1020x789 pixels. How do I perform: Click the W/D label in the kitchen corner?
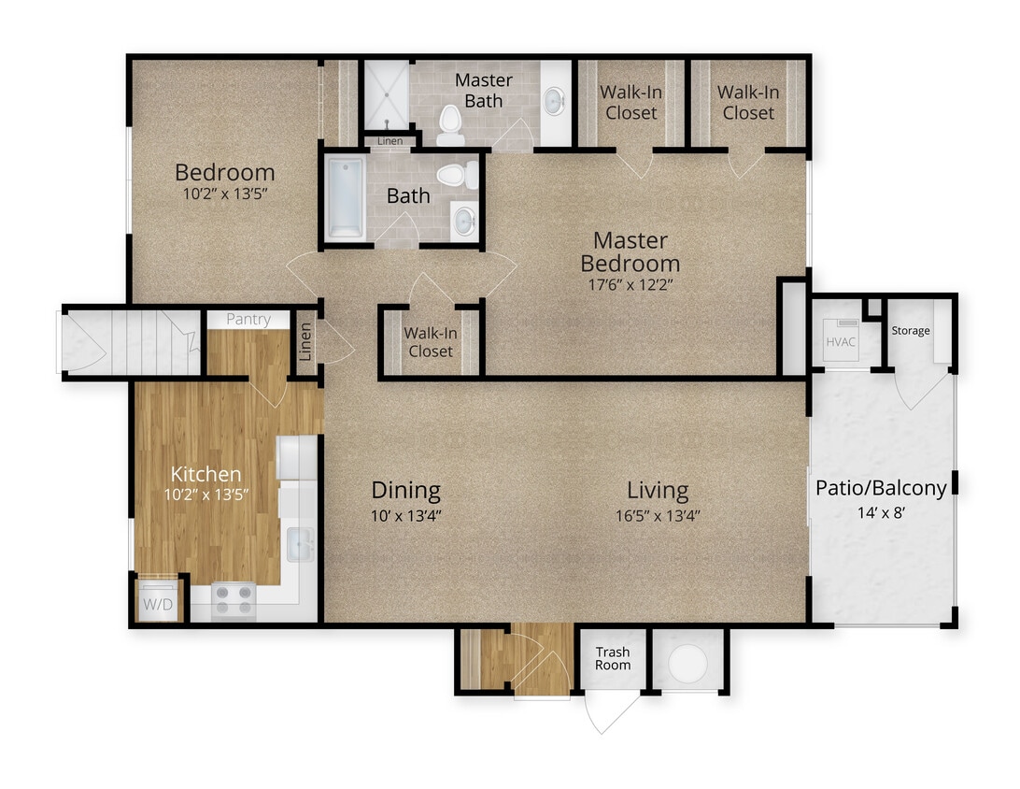(158, 605)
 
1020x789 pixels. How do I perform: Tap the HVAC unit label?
(840, 341)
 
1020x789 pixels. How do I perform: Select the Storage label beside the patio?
(910, 330)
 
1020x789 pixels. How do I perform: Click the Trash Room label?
(613, 658)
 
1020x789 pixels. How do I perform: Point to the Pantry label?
(248, 319)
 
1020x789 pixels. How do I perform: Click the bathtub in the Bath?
(345, 198)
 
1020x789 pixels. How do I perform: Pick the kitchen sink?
(301, 545)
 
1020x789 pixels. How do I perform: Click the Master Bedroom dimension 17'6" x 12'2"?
(630, 285)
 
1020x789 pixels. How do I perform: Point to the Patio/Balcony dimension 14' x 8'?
(881, 511)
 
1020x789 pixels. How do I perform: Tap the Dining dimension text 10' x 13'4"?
(405, 514)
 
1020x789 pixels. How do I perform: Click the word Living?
(657, 490)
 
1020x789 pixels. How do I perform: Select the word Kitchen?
(205, 474)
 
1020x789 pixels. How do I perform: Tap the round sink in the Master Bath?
(554, 99)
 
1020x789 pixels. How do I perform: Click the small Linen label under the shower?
(390, 141)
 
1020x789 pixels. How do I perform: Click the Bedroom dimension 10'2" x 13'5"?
(225, 196)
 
